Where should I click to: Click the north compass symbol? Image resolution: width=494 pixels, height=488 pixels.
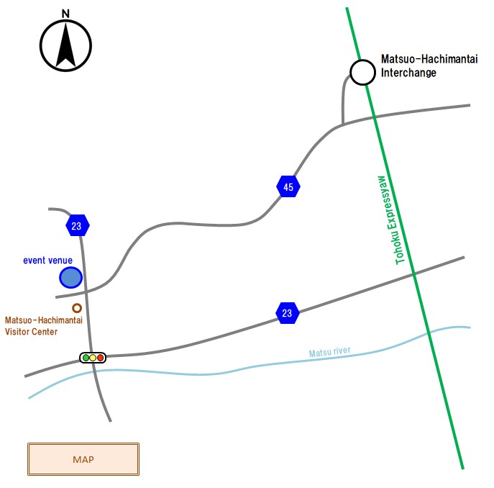66,45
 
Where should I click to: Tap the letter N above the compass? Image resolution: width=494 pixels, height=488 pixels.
65,13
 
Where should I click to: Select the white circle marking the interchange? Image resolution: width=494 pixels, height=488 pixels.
362,72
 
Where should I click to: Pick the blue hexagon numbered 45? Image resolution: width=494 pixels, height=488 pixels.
288,187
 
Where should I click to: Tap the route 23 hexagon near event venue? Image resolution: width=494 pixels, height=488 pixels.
78,226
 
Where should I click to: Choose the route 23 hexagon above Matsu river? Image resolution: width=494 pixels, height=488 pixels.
288,313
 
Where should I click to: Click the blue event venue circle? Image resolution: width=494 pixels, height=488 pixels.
70,277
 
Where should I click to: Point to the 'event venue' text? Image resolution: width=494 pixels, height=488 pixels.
48,261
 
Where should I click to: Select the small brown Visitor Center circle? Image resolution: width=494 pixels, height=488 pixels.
77,308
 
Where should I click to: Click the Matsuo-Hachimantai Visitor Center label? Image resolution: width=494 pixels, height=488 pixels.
44,326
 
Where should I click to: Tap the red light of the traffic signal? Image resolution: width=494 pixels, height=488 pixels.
101,358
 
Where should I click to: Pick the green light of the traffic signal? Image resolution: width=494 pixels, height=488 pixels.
86,358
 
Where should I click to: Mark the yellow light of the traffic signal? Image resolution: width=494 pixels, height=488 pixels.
93,358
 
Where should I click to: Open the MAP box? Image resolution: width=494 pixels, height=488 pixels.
83,459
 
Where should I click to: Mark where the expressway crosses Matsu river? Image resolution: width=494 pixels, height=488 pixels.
429,332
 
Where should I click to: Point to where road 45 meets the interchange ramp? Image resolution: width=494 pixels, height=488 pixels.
342,124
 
